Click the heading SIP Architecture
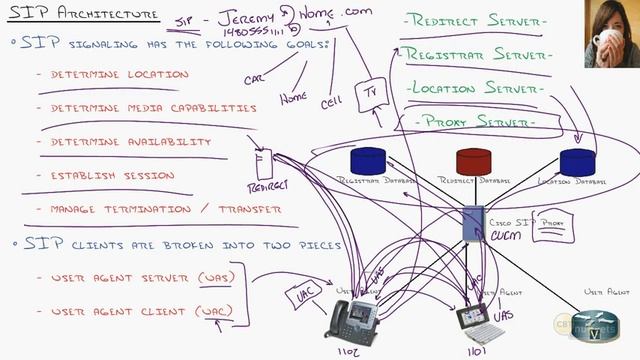coord(83,14)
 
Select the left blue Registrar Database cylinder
coord(368,160)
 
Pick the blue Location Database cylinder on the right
coord(577,162)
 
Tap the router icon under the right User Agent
coord(600,325)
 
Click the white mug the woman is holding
coord(604,39)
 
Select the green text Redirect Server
coord(473,22)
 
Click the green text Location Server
coord(475,89)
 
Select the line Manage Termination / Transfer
coord(159,210)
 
